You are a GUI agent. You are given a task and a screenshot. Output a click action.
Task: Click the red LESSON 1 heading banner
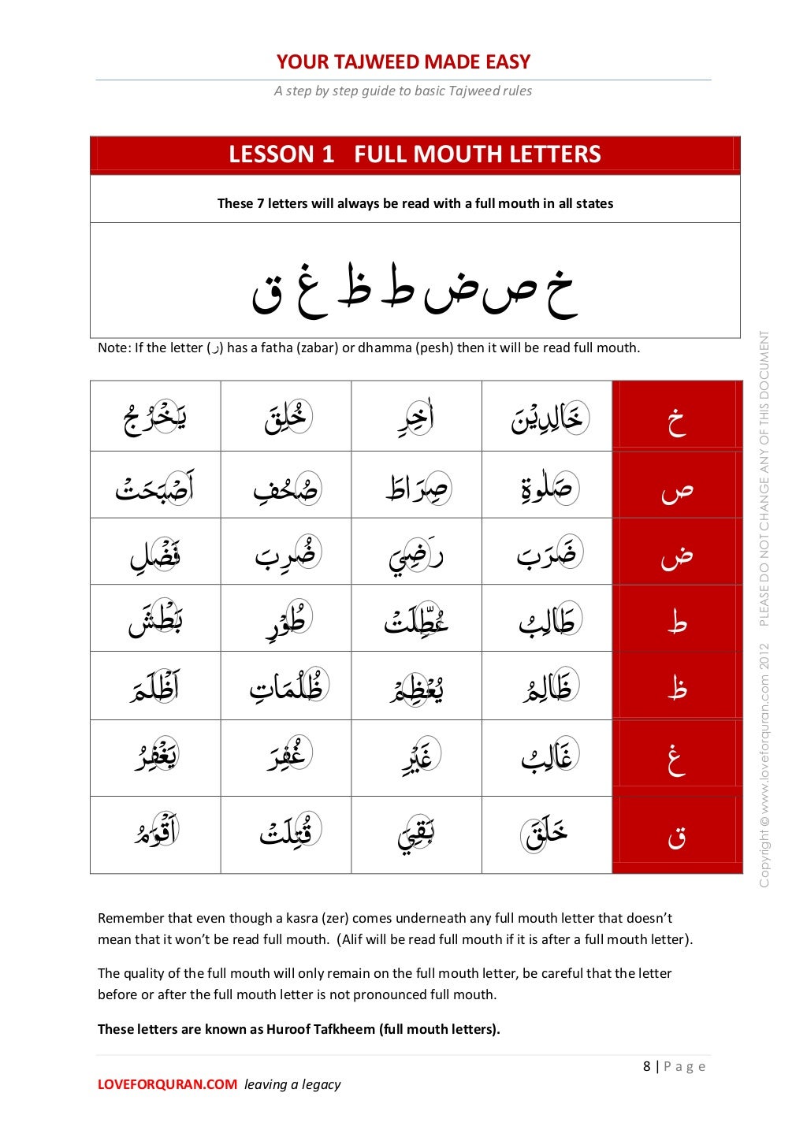click(x=415, y=154)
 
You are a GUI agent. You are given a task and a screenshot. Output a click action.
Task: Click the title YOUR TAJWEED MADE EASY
click(x=403, y=61)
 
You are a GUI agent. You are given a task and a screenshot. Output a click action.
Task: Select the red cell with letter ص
click(x=677, y=485)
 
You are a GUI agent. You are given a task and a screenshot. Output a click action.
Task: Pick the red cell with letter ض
click(x=677, y=552)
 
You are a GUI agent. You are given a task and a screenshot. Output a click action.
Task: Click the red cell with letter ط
click(x=677, y=619)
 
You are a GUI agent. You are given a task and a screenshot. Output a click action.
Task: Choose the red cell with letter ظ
click(x=677, y=686)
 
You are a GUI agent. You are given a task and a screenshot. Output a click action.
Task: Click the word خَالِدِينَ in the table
click(x=547, y=418)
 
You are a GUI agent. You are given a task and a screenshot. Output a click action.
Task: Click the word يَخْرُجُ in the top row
click(x=155, y=418)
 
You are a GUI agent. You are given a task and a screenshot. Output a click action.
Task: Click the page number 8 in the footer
click(x=647, y=1066)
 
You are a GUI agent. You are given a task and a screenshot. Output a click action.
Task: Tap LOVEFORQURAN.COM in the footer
click(x=167, y=1084)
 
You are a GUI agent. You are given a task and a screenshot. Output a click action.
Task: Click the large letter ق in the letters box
click(x=266, y=296)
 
